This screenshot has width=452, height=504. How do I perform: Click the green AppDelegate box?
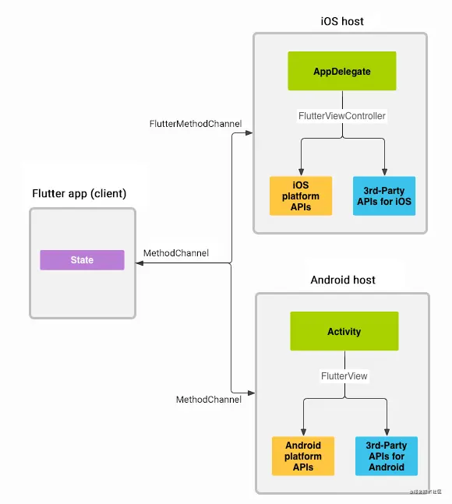[x=342, y=71]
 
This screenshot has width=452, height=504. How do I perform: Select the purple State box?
[x=82, y=260]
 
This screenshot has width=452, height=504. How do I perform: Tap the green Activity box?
[x=344, y=331]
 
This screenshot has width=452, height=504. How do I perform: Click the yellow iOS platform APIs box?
[x=301, y=196]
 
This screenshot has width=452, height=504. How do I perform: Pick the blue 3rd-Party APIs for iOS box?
[x=383, y=196]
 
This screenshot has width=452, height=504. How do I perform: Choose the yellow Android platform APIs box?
[x=303, y=456]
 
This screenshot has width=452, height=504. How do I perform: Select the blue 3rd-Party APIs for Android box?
[x=386, y=456]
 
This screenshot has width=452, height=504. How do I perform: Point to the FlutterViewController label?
[x=342, y=115]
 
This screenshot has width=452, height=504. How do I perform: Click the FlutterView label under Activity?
[x=344, y=375]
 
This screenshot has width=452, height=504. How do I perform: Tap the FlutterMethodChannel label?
[x=195, y=124]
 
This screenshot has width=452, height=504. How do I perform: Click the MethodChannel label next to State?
[x=175, y=253]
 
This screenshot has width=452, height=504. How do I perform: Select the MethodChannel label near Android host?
[x=208, y=400]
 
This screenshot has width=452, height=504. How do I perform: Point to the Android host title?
[x=343, y=279]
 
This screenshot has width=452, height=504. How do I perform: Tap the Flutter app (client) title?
[x=79, y=193]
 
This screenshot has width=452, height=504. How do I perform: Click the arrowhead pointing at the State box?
[x=140, y=265]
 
